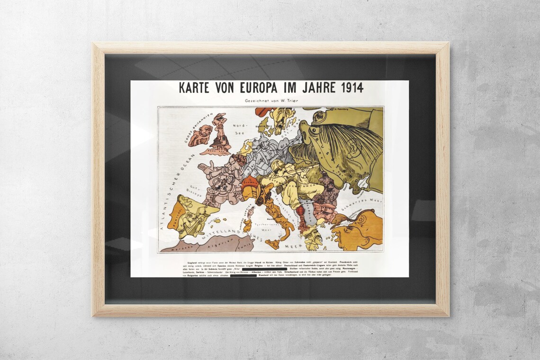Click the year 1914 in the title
(x=348, y=88)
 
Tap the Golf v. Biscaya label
(x=195, y=190)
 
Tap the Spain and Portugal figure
(x=187, y=216)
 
